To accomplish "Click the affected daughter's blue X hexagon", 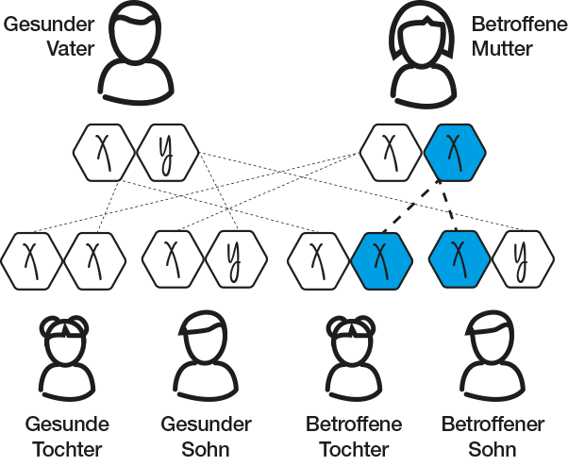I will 380,257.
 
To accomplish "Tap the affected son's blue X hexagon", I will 459,257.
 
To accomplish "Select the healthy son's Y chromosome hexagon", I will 232,257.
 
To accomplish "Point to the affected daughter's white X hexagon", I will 318,257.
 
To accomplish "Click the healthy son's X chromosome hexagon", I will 170,257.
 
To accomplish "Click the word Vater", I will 72,47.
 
